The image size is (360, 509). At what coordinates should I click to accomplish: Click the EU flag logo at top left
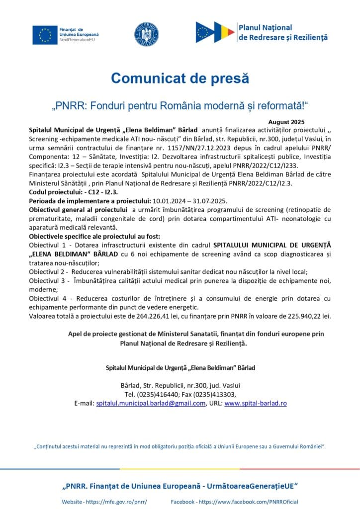pos(45,34)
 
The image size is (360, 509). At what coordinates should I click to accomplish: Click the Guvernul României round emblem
pos(146,33)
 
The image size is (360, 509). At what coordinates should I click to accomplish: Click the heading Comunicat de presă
pos(180,78)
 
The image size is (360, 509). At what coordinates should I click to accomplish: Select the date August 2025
pos(286,122)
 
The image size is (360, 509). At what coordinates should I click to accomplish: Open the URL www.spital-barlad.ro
pos(256,403)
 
